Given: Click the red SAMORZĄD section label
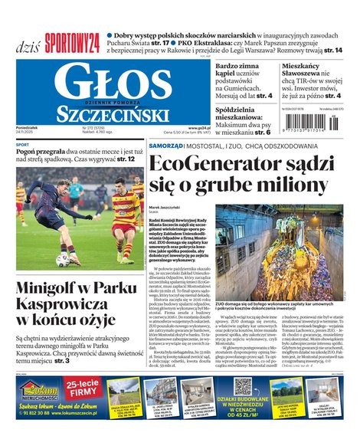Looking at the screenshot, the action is coord(165,145).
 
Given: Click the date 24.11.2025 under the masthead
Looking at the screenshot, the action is coord(26,133).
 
